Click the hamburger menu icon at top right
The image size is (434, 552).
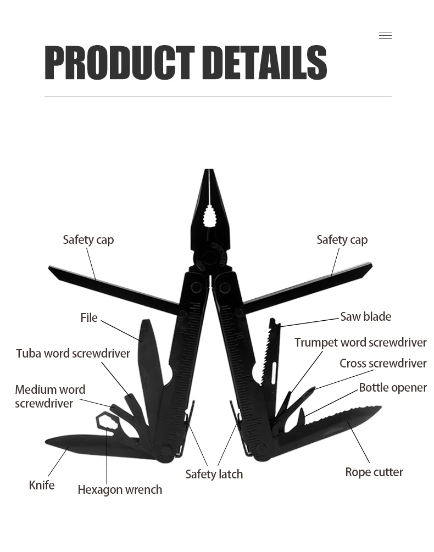tap(385, 36)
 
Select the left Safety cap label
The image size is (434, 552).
tap(88, 239)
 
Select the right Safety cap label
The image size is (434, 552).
tap(342, 239)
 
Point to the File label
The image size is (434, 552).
tap(88, 317)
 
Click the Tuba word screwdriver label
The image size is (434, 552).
tap(73, 353)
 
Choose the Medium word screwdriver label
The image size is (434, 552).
tap(50, 397)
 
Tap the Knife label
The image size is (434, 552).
tap(42, 485)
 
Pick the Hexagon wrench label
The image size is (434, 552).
tap(120, 489)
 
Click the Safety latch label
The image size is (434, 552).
tap(214, 474)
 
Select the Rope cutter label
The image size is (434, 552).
tap(374, 472)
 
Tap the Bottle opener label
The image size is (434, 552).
tap(392, 387)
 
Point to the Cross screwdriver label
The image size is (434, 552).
tap(382, 363)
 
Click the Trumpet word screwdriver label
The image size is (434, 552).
tap(360, 342)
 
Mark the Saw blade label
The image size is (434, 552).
tap(365, 316)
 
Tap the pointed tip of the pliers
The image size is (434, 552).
tap(208, 172)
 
